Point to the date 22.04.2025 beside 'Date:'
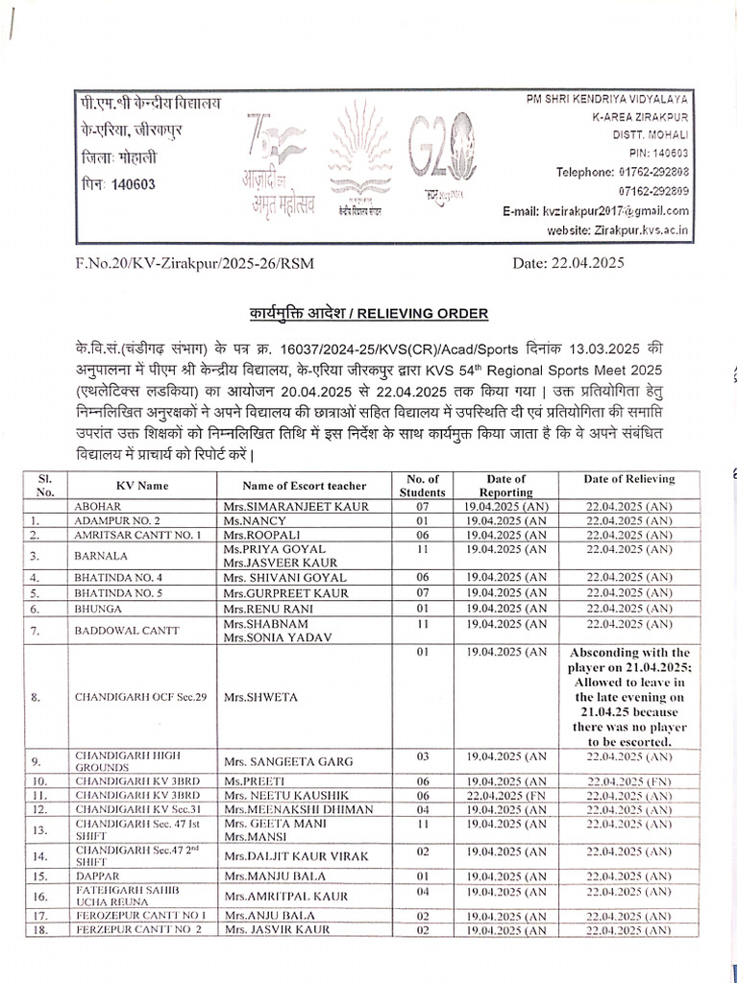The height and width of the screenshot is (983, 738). tap(585, 260)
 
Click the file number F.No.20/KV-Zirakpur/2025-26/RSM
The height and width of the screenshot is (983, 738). tap(193, 261)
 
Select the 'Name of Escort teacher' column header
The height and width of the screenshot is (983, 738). tap(304, 485)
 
